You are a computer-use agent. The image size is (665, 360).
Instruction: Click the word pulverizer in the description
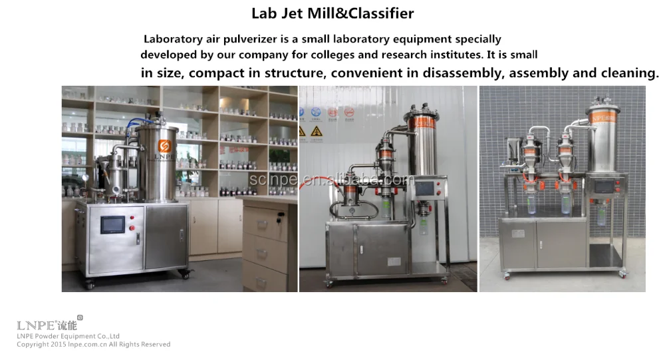tap(243, 39)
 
